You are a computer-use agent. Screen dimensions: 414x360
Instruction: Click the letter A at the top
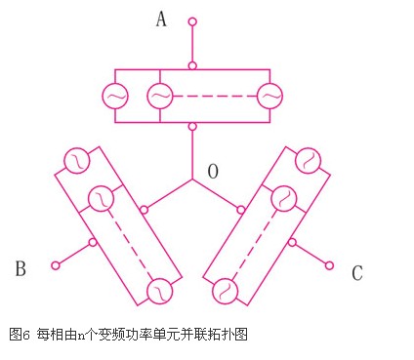[x=161, y=19]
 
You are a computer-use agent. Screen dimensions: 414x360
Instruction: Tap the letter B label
[x=21, y=268]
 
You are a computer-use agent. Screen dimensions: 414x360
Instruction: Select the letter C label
[x=357, y=273]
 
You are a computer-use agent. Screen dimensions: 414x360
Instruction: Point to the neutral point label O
[x=213, y=172]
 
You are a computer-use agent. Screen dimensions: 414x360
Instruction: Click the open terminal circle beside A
[x=192, y=21]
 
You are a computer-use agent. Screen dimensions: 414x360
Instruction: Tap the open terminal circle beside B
[x=56, y=265]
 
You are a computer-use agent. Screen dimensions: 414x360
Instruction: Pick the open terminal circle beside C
[x=329, y=265]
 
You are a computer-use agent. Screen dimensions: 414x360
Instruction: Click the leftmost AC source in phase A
[x=115, y=96]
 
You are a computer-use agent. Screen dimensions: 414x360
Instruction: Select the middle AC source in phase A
[x=160, y=96]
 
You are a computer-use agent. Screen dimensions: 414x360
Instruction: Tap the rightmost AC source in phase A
[x=269, y=96]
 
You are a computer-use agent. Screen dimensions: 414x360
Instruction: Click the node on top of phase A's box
[x=192, y=65]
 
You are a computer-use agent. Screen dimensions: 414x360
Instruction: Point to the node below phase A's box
[x=192, y=126]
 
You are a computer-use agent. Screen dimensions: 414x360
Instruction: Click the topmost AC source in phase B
[x=77, y=161]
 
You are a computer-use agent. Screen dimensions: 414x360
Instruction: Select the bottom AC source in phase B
[x=160, y=292]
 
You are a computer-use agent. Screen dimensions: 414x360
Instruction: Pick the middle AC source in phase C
[x=284, y=199]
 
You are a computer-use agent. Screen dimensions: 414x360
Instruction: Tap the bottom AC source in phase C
[x=226, y=292]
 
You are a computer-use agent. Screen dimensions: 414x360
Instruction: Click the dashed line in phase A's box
[x=215, y=96]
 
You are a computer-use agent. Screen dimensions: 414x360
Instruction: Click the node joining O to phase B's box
[x=144, y=210]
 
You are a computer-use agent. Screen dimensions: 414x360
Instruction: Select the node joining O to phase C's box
[x=241, y=210]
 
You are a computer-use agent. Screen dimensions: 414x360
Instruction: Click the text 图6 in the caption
[x=20, y=334]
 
